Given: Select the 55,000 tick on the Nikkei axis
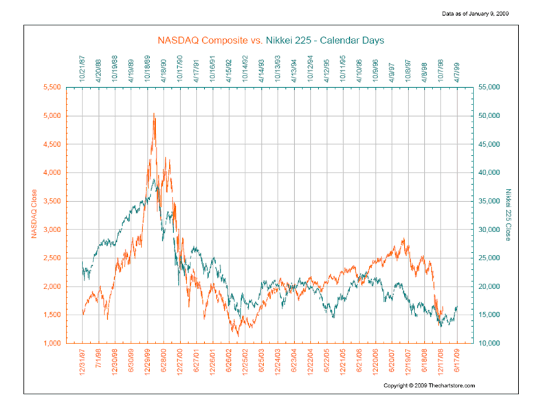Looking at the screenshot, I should (489, 87).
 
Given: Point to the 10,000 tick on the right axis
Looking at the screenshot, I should (489, 343).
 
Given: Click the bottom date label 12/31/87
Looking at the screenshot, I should (82, 361).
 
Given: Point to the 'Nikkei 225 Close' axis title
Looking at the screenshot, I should (509, 214).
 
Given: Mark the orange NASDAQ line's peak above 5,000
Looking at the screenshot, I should (154, 113).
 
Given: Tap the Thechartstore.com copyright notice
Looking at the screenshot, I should (429, 385).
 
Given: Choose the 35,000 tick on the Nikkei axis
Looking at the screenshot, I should (489, 201).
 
